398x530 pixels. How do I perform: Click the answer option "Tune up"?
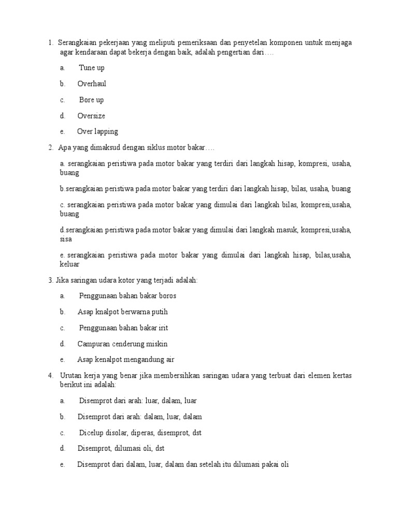pyautogui.click(x=92, y=68)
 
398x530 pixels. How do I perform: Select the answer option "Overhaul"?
pyautogui.click(x=92, y=84)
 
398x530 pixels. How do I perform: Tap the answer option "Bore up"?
pyautogui.click(x=91, y=100)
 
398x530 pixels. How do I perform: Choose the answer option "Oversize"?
pyautogui.click(x=91, y=116)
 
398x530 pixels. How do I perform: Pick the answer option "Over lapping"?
pyautogui.click(x=97, y=131)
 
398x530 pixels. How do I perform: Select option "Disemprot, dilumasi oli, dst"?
pyautogui.click(x=121, y=449)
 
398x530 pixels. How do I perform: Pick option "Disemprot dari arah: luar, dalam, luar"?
pyautogui.click(x=138, y=401)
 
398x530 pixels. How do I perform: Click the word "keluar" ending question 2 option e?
pyautogui.click(x=69, y=264)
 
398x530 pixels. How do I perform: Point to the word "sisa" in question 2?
pyautogui.click(x=66, y=239)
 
